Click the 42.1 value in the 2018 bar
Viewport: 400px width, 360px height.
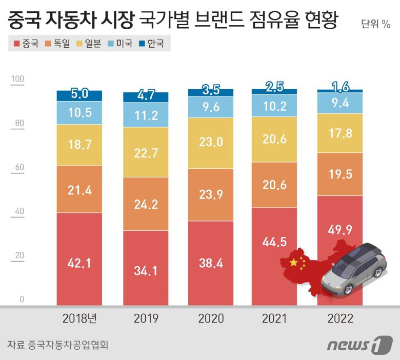tap(79, 264)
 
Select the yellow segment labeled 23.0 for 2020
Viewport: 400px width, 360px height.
tap(211, 142)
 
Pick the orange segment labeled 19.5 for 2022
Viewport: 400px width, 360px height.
tap(341, 174)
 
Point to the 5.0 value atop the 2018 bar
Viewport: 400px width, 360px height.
tap(79, 94)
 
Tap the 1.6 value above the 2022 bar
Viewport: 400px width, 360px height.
tap(341, 86)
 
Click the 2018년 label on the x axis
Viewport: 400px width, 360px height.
tap(79, 318)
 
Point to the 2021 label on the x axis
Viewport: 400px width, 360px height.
tap(275, 318)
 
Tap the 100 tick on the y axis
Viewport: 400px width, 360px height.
tap(17, 79)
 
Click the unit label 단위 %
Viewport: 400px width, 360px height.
tap(375, 24)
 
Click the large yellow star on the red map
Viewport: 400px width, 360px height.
tap(293, 263)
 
